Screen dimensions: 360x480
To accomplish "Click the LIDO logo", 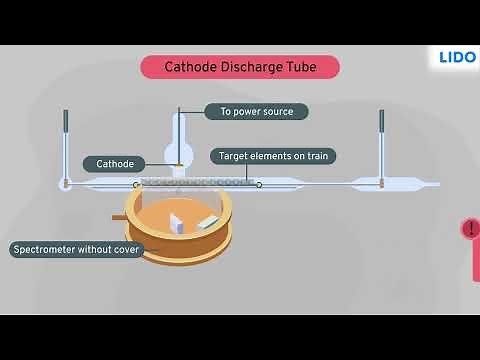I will [457, 58].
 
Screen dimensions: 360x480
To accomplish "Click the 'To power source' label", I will [256, 112].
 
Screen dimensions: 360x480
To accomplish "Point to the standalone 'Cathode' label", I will [115, 163].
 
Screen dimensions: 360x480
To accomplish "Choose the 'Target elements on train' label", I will [272, 156].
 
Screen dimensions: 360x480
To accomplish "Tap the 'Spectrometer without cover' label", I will [76, 249].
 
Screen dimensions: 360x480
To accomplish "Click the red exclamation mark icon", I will [471, 229].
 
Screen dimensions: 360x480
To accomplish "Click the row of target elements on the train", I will [196, 182].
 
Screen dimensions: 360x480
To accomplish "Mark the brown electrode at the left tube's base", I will [66, 184].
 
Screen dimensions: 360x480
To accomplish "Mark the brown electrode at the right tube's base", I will [381, 184].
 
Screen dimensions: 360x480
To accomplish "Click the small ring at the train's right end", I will [259, 184].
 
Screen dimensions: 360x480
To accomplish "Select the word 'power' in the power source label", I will [247, 112].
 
